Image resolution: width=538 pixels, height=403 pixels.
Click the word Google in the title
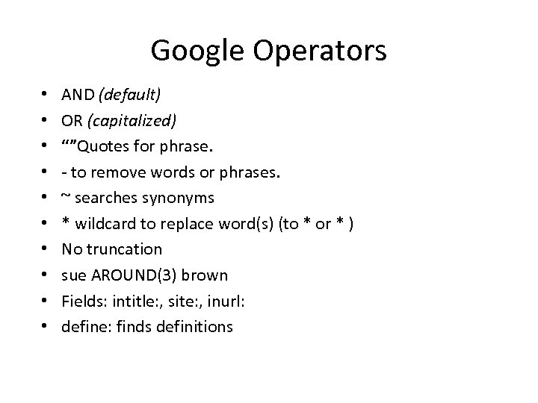tap(197, 51)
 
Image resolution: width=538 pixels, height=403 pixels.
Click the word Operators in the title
tap(319, 51)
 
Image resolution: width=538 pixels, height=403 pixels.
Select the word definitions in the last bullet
tap(196, 325)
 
